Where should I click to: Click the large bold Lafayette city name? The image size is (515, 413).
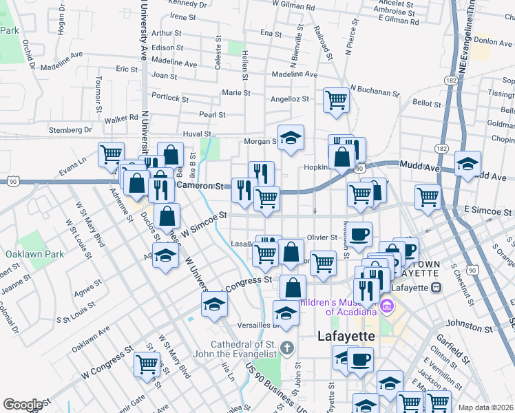coord(346,337)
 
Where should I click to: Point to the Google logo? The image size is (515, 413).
coord(22,405)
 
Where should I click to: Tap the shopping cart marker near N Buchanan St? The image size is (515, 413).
coord(336,100)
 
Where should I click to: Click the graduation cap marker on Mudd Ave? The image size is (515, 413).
coord(467,164)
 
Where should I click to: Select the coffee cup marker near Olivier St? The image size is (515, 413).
coord(359,234)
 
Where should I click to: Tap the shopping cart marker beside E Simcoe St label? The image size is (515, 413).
coord(428,196)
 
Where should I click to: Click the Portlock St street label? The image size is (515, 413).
coord(165,97)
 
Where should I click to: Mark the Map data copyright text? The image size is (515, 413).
coord(486,407)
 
